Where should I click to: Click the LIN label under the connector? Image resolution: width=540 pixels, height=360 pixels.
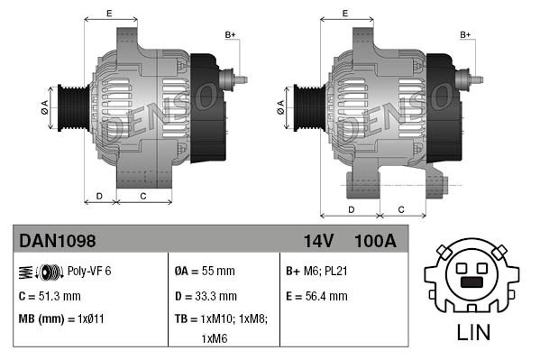tap(473, 332)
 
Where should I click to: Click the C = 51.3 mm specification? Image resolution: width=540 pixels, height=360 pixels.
tap(50, 295)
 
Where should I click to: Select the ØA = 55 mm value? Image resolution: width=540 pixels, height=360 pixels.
tap(204, 271)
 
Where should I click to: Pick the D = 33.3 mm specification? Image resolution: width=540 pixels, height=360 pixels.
tap(206, 295)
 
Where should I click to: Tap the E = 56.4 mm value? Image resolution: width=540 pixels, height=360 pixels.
tap(316, 295)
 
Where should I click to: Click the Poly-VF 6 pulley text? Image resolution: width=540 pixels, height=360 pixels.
tap(88, 271)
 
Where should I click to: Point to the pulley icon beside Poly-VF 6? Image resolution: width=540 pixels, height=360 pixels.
tap(41, 271)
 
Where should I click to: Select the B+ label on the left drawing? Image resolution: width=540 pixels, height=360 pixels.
tap(230, 35)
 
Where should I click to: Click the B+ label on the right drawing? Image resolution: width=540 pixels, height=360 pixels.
tap(466, 35)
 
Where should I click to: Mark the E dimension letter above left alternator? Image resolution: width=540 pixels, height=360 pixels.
tap(109, 13)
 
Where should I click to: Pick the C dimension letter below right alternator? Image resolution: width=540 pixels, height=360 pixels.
tap(401, 209)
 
